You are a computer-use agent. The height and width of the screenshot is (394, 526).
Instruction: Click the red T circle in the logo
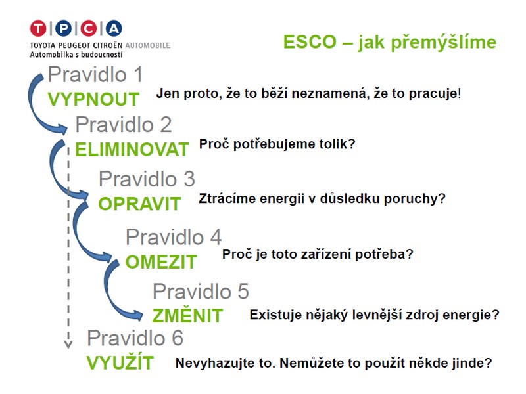point(38,28)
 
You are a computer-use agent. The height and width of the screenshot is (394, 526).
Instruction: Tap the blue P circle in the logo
point(63,28)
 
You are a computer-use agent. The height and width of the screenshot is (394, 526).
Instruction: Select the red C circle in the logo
point(89,28)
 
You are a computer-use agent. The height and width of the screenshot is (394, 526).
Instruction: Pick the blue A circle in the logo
point(114,28)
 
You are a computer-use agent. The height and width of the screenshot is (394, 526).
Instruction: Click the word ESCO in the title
point(310,42)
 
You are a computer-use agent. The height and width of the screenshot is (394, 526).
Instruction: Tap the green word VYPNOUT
point(93,100)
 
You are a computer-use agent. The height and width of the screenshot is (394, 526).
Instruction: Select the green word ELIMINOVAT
point(132,150)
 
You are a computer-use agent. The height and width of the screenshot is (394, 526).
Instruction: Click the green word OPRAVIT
point(139,204)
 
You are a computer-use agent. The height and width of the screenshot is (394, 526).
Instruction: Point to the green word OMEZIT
point(161,262)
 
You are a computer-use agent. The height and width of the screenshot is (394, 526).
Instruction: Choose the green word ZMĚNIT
point(187,315)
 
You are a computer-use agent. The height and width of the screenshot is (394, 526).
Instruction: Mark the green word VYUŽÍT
point(120,362)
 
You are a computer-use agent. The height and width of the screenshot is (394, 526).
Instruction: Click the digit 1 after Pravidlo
point(138,74)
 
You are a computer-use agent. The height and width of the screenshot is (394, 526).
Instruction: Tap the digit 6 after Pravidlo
point(178,338)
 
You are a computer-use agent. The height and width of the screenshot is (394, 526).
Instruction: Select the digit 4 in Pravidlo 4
point(216,237)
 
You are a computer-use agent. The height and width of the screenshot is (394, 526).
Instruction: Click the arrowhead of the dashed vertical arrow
point(68,344)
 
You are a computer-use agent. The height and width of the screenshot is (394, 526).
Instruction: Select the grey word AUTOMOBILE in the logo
point(148,45)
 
